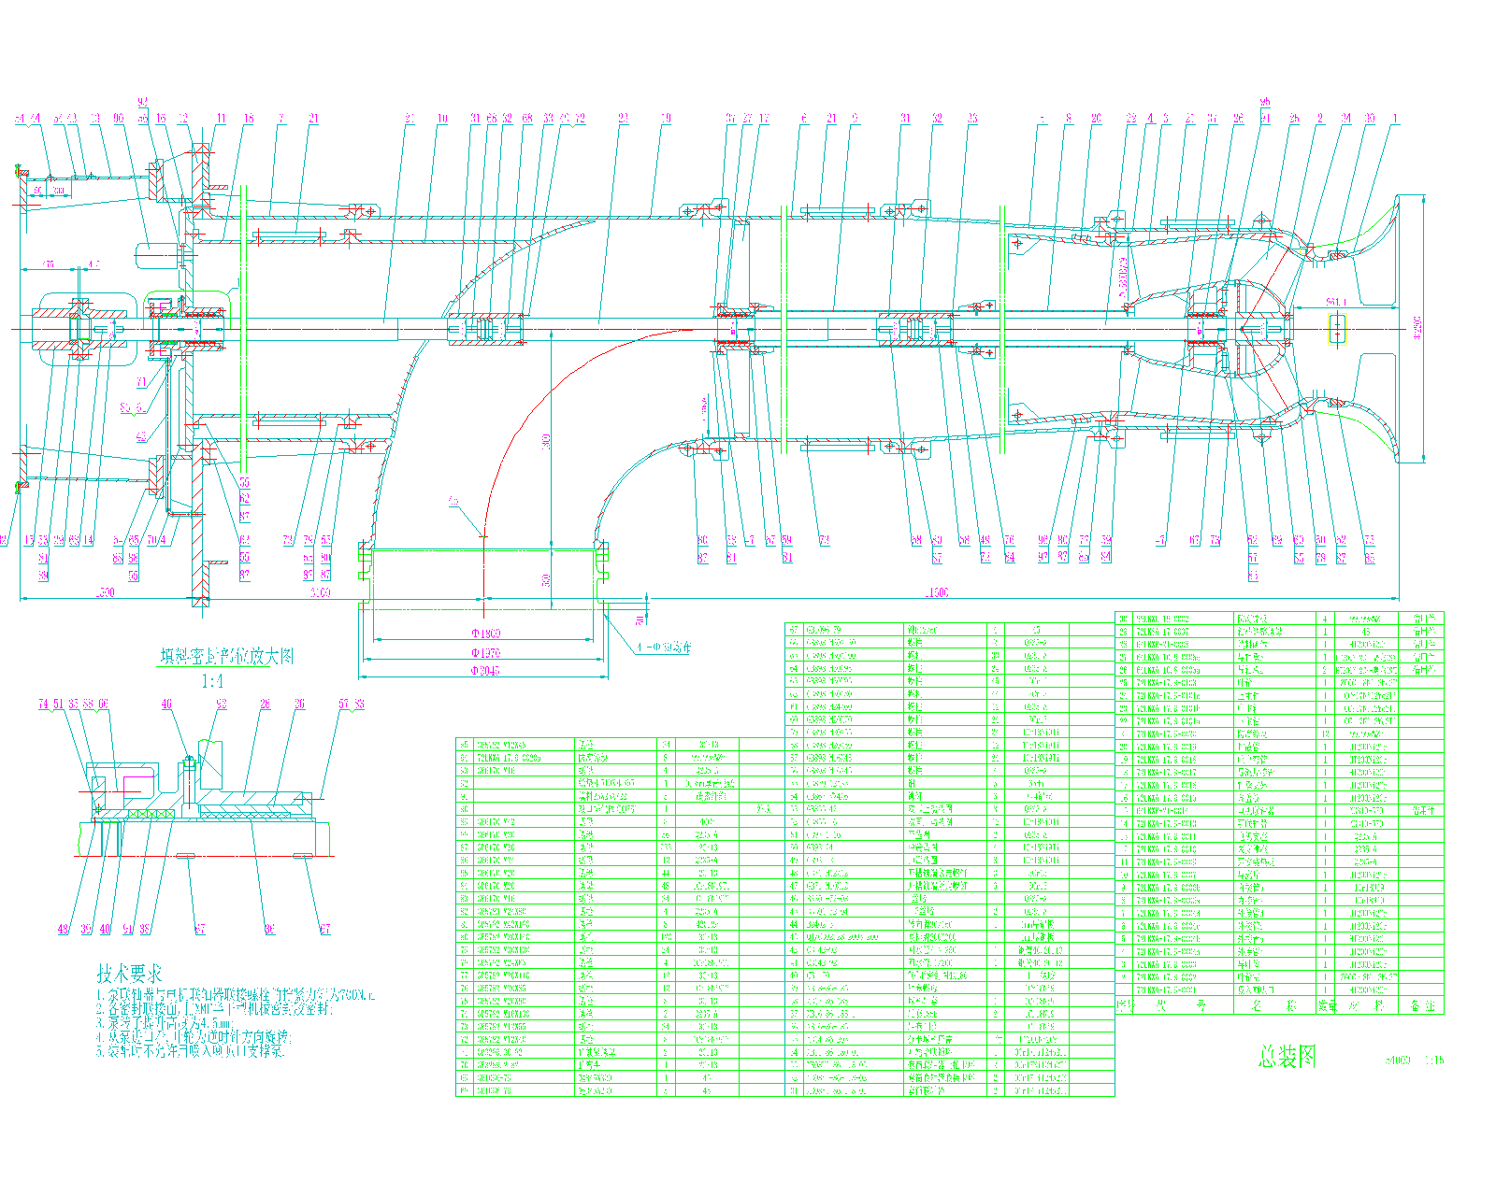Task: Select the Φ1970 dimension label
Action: tap(484, 652)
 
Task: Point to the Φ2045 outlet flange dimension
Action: tap(484, 671)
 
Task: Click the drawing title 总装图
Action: tap(1287, 1057)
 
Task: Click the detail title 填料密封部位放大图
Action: tap(227, 657)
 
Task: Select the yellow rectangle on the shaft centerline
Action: tap(1338, 329)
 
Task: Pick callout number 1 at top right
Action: tap(1395, 119)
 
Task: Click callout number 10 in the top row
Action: tap(442, 119)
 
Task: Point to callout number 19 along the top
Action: tap(666, 119)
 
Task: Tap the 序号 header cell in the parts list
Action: tap(1125, 1006)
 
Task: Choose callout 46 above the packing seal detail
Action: tap(166, 704)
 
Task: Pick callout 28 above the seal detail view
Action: tap(266, 704)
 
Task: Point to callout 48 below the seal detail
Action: tap(63, 929)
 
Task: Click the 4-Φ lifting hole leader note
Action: tap(662, 647)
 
